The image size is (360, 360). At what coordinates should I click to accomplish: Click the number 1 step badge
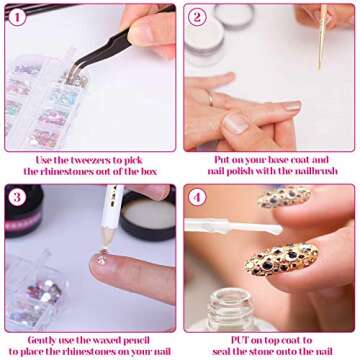click(18, 17)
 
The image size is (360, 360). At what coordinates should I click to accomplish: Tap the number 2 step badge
click(197, 17)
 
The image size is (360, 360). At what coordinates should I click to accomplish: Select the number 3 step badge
click(18, 196)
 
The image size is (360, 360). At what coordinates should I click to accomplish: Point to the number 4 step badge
click(197, 197)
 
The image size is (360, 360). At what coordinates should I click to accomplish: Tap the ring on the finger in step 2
click(209, 98)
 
